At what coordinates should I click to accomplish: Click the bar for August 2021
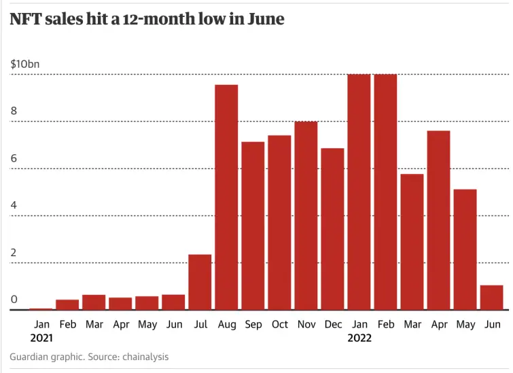(226, 197)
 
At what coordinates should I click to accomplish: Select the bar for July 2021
(200, 282)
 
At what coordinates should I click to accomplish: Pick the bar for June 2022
(491, 298)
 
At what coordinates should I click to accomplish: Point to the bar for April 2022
(438, 220)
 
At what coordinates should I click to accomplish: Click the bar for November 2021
(306, 215)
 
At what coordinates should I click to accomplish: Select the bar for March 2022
(412, 242)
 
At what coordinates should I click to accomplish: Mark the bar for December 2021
(332, 229)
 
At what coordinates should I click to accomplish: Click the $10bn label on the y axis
(25, 64)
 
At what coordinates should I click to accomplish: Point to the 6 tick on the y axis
(14, 158)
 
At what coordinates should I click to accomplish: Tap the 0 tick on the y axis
(14, 300)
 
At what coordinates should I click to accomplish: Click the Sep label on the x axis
(253, 325)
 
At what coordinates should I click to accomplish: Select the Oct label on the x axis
(279, 325)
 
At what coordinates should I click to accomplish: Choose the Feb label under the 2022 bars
(385, 325)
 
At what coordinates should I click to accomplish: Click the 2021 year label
(41, 338)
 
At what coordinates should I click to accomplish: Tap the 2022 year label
(359, 338)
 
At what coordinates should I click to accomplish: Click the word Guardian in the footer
(31, 357)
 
